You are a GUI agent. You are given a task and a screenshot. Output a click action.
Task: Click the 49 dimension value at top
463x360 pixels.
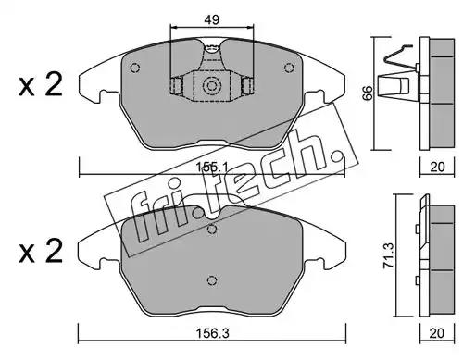211,20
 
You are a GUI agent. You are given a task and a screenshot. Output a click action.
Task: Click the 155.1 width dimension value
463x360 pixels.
212,168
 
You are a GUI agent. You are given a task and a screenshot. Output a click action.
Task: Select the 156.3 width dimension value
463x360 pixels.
213,333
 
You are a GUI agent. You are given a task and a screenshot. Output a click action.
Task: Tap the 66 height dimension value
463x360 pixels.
368,93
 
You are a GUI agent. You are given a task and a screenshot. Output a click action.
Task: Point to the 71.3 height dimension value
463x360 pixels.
388,255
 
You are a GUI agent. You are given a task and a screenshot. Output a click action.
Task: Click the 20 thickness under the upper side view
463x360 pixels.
437,167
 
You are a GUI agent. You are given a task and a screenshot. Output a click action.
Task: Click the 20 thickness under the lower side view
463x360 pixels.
437,333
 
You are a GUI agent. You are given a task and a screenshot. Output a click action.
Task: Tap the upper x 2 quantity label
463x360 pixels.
41,84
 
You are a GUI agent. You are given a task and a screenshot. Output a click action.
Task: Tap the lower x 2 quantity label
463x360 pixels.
41,251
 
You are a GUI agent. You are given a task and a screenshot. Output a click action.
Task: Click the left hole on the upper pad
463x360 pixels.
135,68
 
